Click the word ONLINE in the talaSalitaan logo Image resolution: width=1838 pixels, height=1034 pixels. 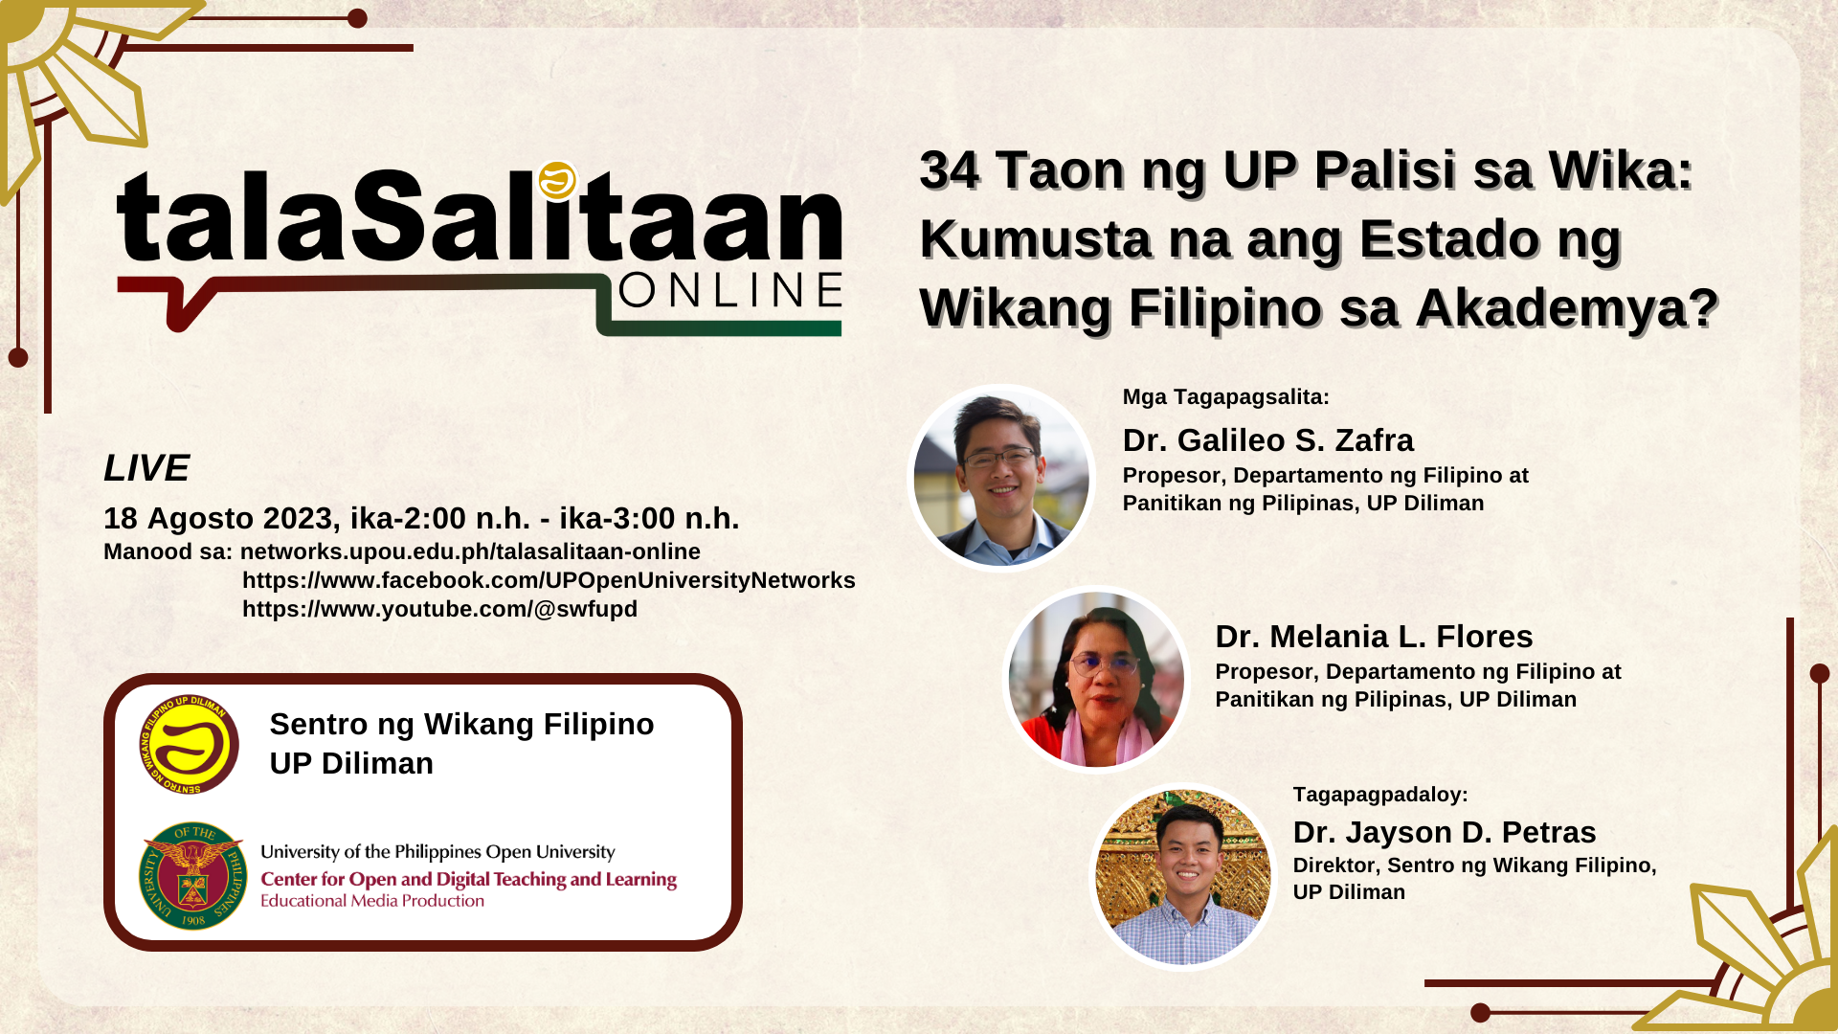730,290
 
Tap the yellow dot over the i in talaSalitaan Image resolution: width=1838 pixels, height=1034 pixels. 557,180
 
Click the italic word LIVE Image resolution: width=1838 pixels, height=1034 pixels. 146,468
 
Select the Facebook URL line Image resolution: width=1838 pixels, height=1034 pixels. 549,580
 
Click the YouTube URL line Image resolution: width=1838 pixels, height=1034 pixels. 439,609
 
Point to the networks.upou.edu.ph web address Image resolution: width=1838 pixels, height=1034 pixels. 470,551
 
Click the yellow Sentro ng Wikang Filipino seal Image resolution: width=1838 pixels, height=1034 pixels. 189,744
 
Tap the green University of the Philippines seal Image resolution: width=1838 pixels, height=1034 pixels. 192,875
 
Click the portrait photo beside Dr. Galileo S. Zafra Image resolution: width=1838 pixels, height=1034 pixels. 1000,478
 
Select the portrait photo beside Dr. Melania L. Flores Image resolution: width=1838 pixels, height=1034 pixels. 1096,679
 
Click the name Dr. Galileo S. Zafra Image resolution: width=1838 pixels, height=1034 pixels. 1267,440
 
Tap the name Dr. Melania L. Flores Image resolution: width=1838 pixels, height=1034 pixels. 1374,637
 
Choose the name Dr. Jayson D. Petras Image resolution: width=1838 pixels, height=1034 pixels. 1445,832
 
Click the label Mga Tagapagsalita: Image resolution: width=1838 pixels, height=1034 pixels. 1226,396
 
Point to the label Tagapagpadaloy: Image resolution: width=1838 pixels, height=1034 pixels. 1380,794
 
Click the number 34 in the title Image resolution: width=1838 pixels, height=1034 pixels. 950,170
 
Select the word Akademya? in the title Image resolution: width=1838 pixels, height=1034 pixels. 1567,308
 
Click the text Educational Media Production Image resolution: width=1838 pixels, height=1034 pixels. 372,901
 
